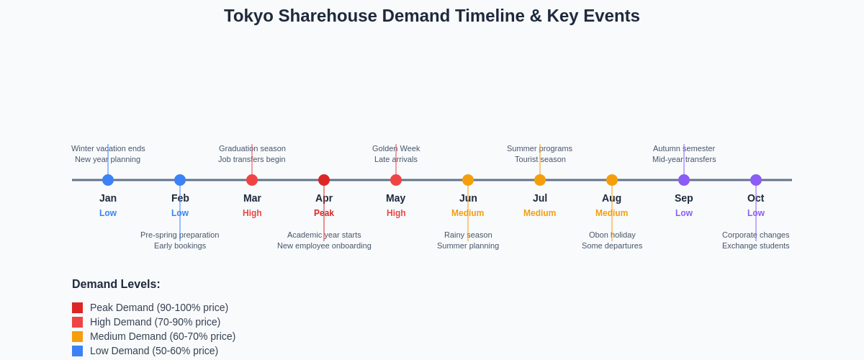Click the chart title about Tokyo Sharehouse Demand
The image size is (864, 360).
[431, 16]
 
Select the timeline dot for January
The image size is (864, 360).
[108, 180]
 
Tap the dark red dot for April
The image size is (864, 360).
[324, 180]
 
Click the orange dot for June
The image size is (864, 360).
[468, 180]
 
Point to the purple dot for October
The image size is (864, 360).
[756, 180]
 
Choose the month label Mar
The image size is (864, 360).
[252, 198]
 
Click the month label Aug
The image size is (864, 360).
[612, 198]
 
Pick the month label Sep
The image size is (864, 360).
[684, 198]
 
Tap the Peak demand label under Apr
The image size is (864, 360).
[324, 213]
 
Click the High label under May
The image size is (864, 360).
[396, 213]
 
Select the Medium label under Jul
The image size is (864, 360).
[540, 213]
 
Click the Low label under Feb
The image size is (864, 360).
[180, 213]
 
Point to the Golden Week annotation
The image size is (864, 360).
[396, 148]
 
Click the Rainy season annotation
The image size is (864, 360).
[468, 235]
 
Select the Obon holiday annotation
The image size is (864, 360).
[612, 235]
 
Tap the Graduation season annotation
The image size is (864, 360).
[252, 148]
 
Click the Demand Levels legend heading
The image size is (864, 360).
[116, 284]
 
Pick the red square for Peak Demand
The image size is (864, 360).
[77, 307]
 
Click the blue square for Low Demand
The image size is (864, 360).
[77, 351]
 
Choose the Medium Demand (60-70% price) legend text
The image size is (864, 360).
[163, 336]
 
